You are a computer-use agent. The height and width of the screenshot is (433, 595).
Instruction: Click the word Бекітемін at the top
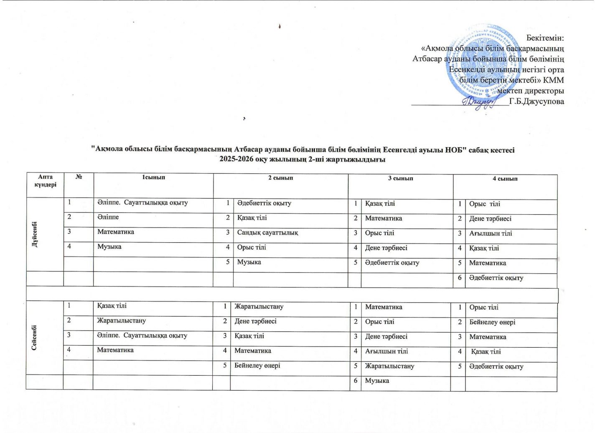[x=545, y=38]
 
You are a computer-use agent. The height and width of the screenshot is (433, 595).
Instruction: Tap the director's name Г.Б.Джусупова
[x=537, y=101]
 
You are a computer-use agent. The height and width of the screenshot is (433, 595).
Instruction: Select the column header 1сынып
[x=153, y=177]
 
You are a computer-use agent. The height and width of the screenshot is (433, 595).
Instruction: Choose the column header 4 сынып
[x=505, y=179]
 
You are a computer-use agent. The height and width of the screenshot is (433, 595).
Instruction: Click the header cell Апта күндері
[x=45, y=181]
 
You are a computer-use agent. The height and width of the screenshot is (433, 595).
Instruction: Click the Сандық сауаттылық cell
[x=267, y=233]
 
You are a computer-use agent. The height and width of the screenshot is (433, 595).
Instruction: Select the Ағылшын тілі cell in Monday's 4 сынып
[x=490, y=233]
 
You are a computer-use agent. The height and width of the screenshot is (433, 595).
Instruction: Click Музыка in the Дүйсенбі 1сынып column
[x=109, y=246]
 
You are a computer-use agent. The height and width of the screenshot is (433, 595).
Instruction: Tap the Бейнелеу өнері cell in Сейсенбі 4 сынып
[x=492, y=322]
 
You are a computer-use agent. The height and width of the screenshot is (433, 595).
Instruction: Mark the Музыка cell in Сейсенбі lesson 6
[x=377, y=381]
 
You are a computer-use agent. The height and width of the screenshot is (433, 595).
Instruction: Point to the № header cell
[x=79, y=177]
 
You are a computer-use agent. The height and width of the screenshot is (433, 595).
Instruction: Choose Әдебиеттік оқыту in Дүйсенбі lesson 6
[x=496, y=278]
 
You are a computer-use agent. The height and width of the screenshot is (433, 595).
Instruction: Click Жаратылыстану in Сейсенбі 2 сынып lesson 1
[x=259, y=307]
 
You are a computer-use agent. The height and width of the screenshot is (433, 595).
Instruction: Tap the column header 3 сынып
[x=400, y=178]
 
